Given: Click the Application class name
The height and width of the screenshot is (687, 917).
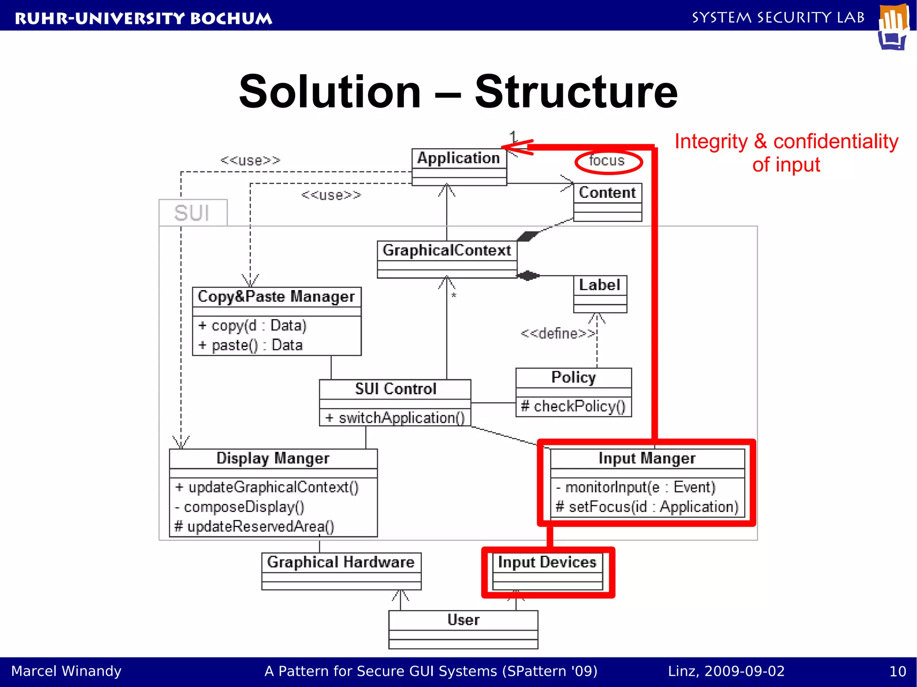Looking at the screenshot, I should [458, 158].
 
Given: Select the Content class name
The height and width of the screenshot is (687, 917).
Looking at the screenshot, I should [607, 192].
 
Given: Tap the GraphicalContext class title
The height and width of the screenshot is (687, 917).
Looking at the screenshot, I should [446, 250].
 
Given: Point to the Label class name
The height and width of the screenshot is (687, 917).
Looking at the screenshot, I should [600, 285].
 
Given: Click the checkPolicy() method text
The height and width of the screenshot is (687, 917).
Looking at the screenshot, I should [573, 406].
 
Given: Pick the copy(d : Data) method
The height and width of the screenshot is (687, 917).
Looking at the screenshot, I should [253, 325].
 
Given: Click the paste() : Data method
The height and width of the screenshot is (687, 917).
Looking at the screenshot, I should [251, 345].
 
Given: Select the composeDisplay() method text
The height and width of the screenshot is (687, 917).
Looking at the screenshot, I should [240, 507].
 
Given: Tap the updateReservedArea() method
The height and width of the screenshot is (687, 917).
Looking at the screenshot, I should [254, 526].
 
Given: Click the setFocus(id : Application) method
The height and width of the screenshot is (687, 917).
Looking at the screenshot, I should [647, 507].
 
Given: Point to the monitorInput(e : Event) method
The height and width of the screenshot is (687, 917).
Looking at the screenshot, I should [636, 487].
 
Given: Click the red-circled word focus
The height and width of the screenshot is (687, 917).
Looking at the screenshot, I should [607, 161].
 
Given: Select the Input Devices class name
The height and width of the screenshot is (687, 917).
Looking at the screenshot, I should [547, 562].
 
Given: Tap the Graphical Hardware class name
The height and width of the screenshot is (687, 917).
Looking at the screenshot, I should [341, 562].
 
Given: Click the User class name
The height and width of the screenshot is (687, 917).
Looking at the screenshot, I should [463, 620].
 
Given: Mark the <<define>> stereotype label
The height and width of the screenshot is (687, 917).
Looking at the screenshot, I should [558, 333].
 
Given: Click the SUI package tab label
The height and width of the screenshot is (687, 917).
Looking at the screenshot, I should [192, 213].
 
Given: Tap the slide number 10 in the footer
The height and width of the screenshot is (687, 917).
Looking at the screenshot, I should [897, 671].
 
